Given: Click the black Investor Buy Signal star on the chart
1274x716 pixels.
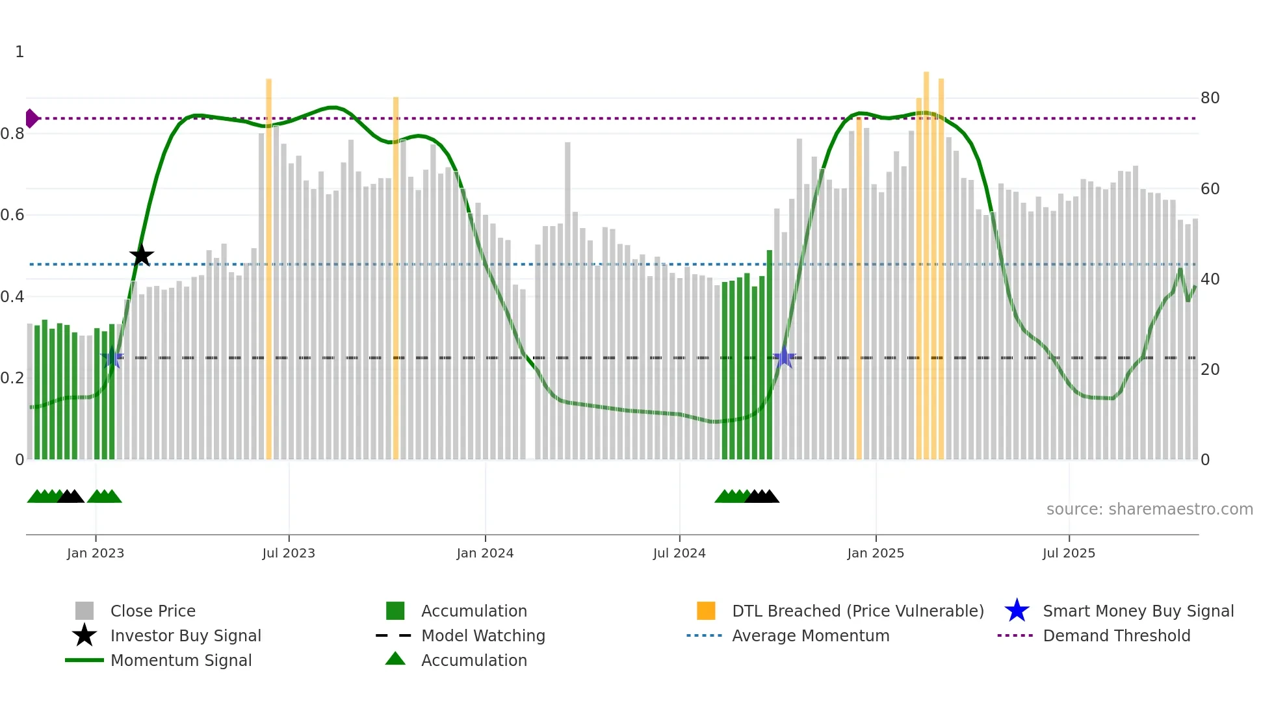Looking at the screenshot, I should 141,255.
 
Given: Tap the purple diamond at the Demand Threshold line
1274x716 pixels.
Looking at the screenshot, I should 31,118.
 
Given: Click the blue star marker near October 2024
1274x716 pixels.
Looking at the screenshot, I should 785,357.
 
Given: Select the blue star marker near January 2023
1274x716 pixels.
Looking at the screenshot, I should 112,357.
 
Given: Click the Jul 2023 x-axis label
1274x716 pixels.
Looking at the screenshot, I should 289,553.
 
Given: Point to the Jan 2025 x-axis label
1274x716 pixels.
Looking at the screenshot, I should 876,553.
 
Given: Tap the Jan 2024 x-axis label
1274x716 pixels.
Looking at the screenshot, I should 485,553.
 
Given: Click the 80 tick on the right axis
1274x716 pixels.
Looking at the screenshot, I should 1210,98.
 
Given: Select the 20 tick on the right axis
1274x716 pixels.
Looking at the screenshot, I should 1210,370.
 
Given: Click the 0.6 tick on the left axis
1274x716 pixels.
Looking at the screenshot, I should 13,215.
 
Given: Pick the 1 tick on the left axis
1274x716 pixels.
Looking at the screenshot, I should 19,52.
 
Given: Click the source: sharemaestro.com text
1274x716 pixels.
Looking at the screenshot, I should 1149,509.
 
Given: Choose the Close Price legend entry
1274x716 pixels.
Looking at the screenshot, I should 153,611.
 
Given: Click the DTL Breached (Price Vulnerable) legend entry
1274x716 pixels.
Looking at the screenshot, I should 857,611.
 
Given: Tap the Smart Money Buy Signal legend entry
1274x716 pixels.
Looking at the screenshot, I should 1137,611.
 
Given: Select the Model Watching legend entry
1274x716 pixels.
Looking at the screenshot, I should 482,635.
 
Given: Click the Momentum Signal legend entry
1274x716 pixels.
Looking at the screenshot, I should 181,660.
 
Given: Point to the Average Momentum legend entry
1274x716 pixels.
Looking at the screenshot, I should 810,635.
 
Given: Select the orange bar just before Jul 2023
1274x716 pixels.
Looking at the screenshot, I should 268,260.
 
